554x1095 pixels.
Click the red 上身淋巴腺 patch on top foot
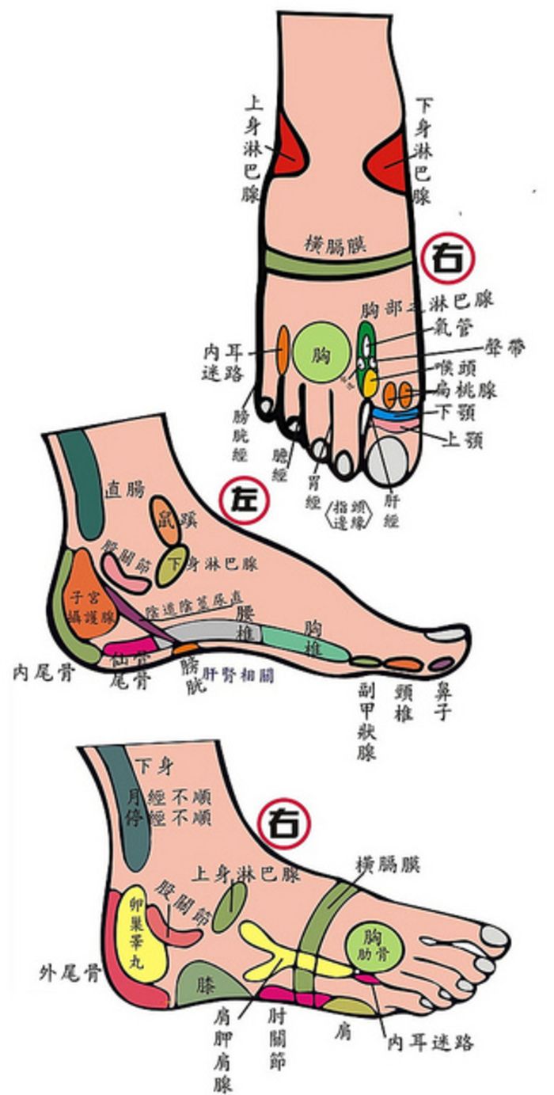coord(286,156)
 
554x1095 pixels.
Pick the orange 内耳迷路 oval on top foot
coord(282,352)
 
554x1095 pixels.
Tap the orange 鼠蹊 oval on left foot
coord(166,520)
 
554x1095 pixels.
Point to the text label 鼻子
coord(442,701)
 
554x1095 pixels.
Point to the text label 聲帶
coord(507,349)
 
